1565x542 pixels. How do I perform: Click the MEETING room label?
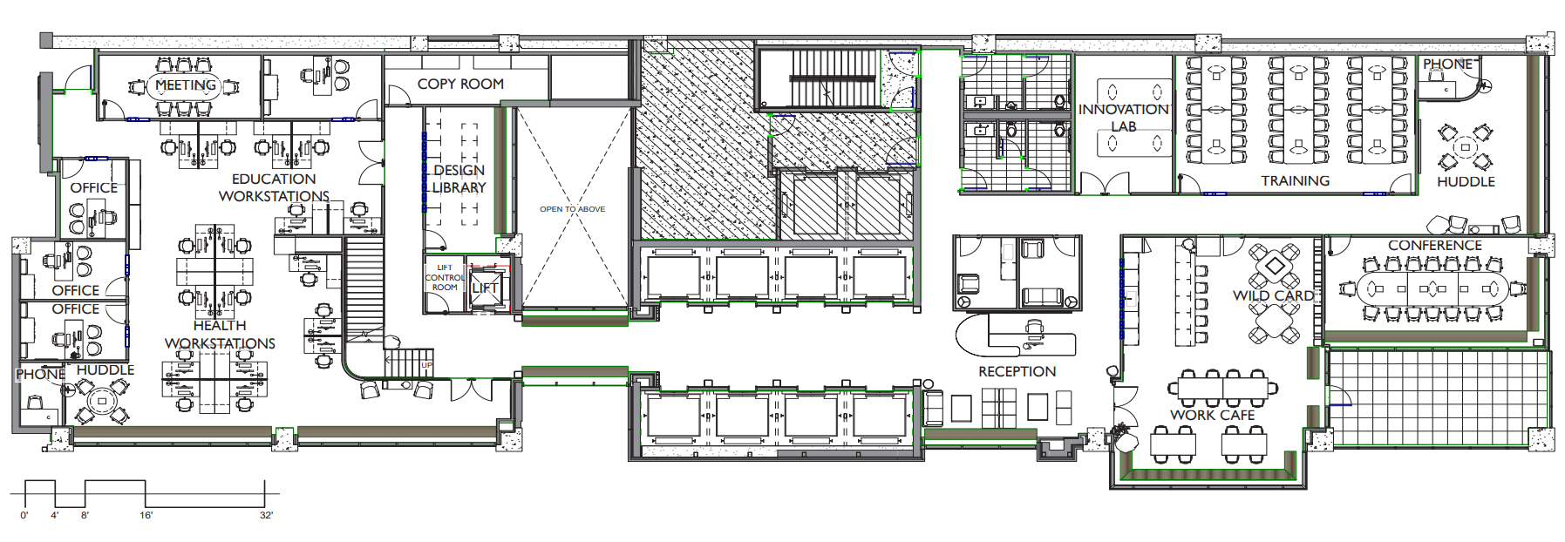click(x=186, y=85)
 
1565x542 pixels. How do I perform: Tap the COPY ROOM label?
click(x=460, y=85)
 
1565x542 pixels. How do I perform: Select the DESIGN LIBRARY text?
click(x=459, y=179)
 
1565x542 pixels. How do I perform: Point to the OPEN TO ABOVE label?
click(x=572, y=209)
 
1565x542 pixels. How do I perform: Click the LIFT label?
click(x=485, y=288)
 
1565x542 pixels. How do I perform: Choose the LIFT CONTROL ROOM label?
click(x=445, y=278)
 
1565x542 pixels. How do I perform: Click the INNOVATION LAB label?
click(x=1124, y=118)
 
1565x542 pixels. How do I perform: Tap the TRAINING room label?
click(x=1296, y=181)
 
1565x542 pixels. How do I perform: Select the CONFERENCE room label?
click(x=1435, y=246)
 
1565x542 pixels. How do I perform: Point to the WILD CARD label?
click(x=1274, y=296)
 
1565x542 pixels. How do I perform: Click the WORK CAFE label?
click(x=1213, y=416)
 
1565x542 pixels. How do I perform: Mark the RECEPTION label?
click(x=1017, y=372)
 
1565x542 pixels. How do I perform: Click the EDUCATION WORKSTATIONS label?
click(x=274, y=188)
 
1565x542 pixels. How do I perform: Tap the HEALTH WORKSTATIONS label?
click(x=220, y=335)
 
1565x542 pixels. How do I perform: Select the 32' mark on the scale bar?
click(x=266, y=516)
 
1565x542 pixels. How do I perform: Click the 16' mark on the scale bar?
click(x=146, y=516)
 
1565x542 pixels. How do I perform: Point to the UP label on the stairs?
click(x=427, y=365)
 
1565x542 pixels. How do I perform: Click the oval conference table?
click(x=1432, y=288)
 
